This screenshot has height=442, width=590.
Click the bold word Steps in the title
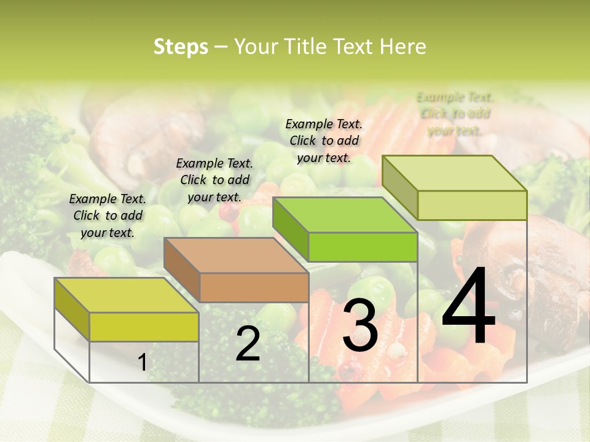[181, 47]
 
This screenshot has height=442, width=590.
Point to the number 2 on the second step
[248, 344]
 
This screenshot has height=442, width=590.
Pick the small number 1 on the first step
[143, 362]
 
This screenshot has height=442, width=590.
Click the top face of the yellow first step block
[126, 295]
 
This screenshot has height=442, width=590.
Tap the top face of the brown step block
[235, 255]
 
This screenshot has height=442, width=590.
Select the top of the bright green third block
[345, 215]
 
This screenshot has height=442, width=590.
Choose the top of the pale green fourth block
[454, 173]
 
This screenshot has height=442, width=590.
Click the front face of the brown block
[254, 287]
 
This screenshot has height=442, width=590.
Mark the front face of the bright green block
[363, 247]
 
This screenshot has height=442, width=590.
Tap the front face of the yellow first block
[144, 327]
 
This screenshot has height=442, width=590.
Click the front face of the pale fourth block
[472, 205]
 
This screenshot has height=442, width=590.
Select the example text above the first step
[108, 215]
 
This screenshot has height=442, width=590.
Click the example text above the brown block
[214, 180]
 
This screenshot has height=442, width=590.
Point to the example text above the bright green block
[324, 141]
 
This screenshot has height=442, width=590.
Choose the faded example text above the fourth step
[455, 114]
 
